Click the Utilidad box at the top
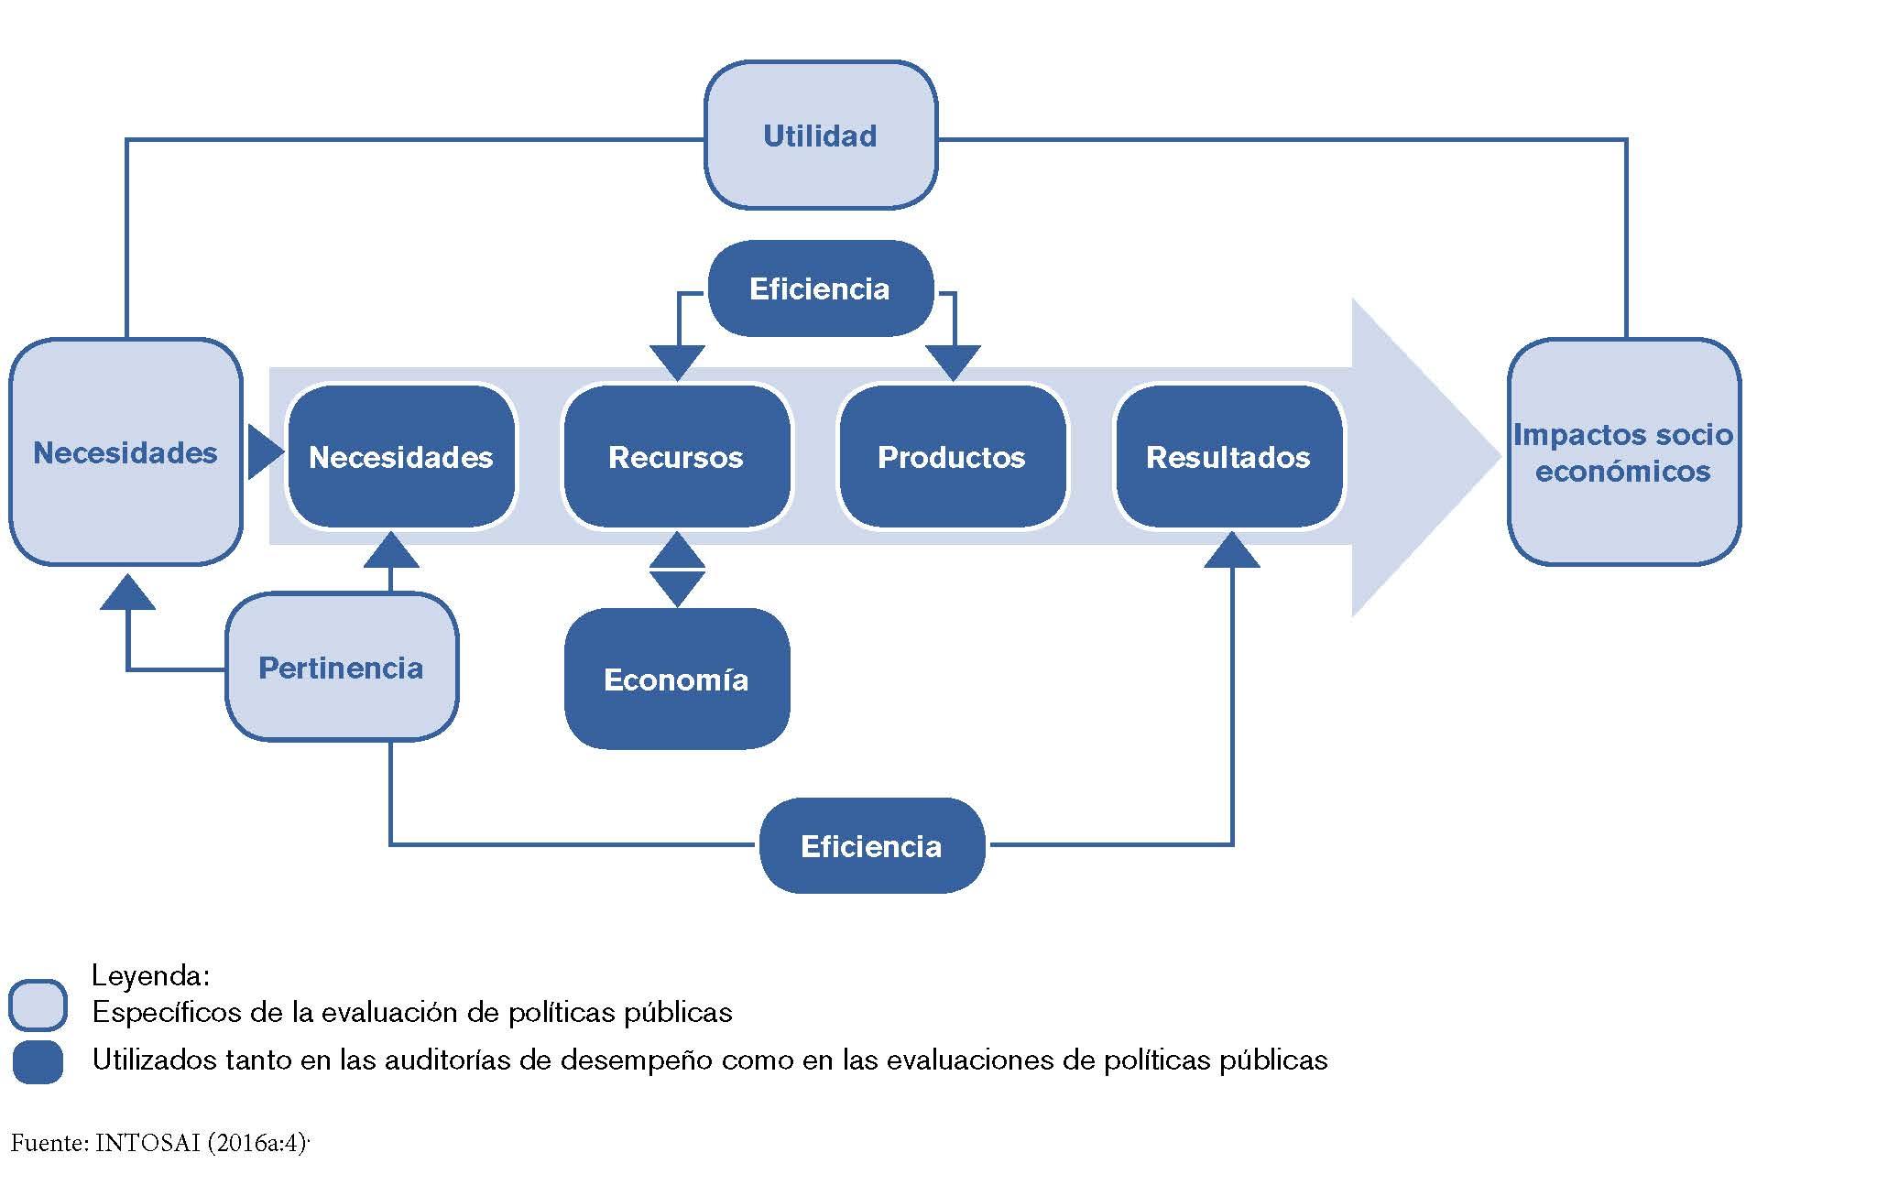click(820, 136)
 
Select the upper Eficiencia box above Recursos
click(820, 288)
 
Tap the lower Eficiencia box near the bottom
click(871, 845)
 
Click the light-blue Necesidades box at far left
click(125, 452)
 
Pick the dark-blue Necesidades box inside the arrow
click(401, 456)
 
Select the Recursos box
click(676, 456)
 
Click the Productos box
click(952, 456)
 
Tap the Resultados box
click(1228, 456)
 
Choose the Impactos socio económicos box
click(1622, 452)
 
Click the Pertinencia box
click(341, 668)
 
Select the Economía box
click(676, 679)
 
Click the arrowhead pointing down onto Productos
click(953, 362)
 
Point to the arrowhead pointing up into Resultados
click(1231, 551)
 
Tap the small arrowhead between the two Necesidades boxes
click(264, 451)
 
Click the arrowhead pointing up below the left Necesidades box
click(126, 593)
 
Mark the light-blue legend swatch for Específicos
click(38, 1006)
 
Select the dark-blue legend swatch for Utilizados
click(38, 1062)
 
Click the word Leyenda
click(151, 975)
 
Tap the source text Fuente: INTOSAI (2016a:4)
click(160, 1143)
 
